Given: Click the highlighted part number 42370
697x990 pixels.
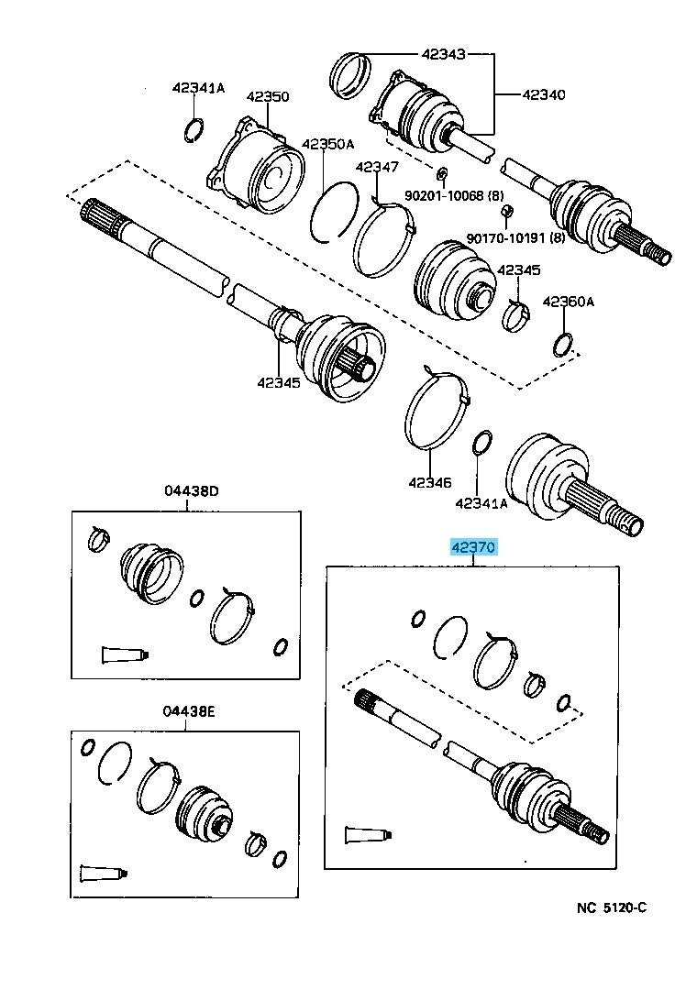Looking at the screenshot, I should click(x=473, y=548).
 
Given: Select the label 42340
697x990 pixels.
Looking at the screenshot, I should click(x=544, y=94).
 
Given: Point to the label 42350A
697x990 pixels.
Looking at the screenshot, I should click(x=327, y=144).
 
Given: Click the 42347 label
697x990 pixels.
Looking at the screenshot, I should click(x=377, y=167).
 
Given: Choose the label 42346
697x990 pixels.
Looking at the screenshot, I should click(x=430, y=480).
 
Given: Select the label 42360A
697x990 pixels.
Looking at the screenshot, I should click(x=568, y=301).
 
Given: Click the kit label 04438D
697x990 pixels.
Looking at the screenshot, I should click(x=192, y=491).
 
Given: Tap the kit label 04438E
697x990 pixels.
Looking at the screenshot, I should click(x=188, y=712).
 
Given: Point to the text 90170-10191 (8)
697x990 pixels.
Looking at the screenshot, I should click(x=517, y=238).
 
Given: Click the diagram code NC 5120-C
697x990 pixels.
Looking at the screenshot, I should click(x=612, y=907).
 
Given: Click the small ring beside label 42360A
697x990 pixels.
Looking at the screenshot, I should click(x=564, y=344).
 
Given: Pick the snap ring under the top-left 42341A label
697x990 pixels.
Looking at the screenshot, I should click(x=194, y=129).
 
